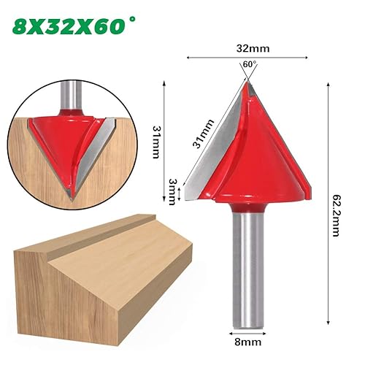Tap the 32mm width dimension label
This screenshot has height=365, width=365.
coord(253,49)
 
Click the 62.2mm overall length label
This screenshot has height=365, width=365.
coord(335,215)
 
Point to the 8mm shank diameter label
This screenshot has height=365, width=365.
coord(248,342)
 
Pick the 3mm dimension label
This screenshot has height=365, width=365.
coord(173,192)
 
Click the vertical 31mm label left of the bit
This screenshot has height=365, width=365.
coord(156,142)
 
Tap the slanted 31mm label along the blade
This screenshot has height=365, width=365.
coord(204,134)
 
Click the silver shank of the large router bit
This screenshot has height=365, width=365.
coord(248,269)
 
